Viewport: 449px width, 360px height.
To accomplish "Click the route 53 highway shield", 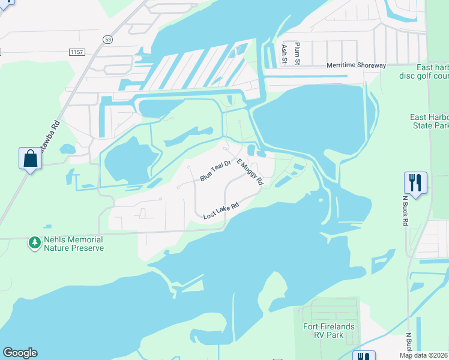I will tap(107, 40).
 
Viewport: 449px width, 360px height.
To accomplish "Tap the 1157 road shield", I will tap(76, 53).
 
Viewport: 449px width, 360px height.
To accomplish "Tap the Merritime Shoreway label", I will tap(356, 65).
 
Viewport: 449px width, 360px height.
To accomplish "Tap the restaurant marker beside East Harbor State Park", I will tap(415, 181).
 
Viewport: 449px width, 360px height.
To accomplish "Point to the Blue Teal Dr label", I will tap(215, 170).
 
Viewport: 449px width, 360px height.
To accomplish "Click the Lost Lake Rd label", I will tap(221, 211).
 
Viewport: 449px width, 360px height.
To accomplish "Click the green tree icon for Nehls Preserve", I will tap(35, 243).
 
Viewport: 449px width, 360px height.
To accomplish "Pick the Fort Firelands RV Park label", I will tap(328, 331).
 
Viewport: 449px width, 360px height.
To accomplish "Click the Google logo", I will tap(20, 353).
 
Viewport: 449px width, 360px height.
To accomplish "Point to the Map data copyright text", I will tap(424, 355).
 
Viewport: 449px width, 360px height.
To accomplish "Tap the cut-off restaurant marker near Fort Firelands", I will tap(364, 356).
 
